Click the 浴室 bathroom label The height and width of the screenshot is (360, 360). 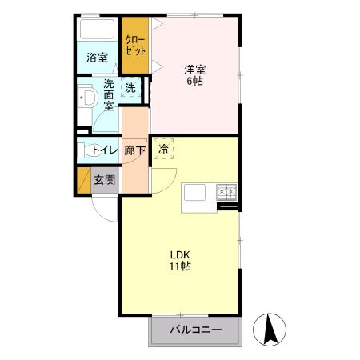[x=98, y=58]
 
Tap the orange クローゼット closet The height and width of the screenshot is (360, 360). [x=134, y=45]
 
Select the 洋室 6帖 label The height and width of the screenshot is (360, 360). [x=194, y=75]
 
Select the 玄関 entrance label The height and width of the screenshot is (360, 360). [x=104, y=180]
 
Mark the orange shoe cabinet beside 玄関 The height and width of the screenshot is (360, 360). [x=82, y=181]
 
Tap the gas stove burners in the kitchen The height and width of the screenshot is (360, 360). [x=226, y=192]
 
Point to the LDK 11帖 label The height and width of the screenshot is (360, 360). [x=179, y=261]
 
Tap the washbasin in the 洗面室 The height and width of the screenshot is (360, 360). [x=87, y=99]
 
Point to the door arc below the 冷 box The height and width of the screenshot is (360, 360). [x=161, y=178]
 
